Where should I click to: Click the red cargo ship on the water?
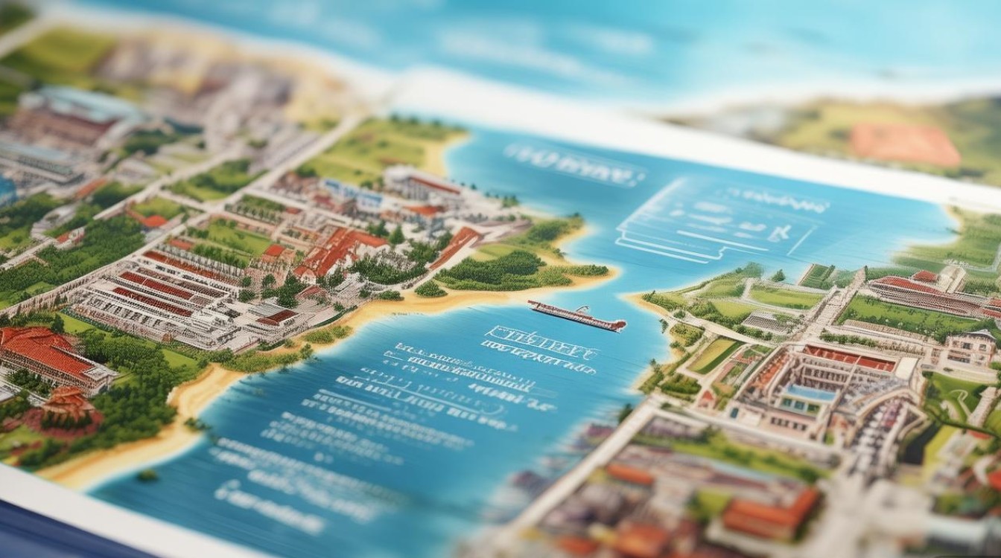point(577,316)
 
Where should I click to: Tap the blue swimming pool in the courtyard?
point(810,392)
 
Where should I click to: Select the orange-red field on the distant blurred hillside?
point(904,144)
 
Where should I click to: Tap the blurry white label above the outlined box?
point(573,164)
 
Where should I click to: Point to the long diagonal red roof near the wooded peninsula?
point(455,246)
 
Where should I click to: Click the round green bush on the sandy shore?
point(430,289)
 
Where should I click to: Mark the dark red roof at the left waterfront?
point(279,318)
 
